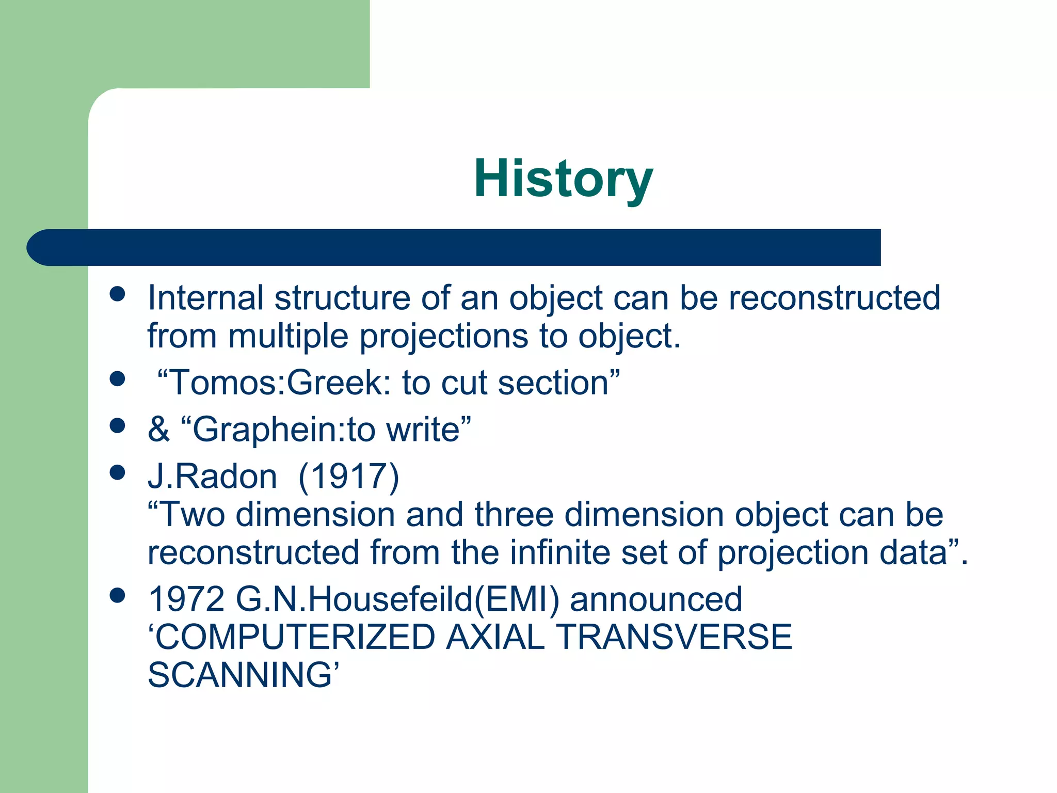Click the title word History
tap(563, 178)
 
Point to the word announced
tap(655, 599)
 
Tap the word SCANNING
tap(240, 675)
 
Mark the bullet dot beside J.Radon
tap(118, 472)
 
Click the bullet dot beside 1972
tap(118, 595)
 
